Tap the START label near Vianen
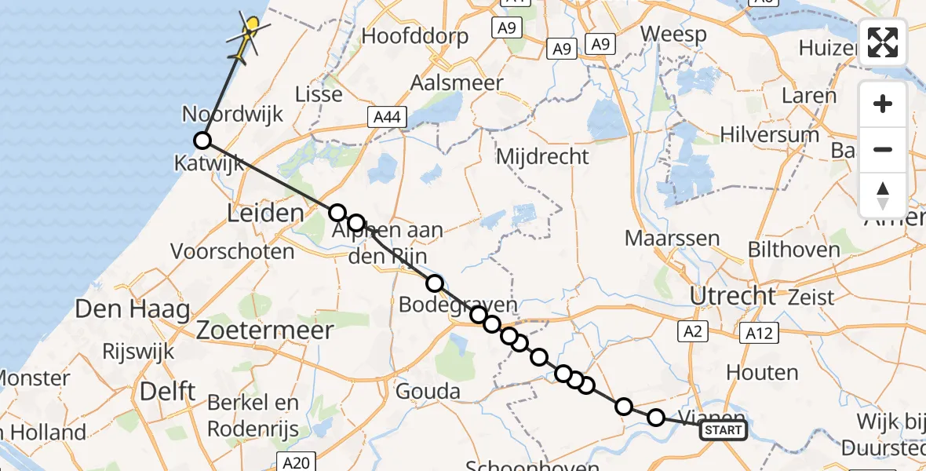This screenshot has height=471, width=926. click(723, 430)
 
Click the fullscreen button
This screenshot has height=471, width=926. click(883, 42)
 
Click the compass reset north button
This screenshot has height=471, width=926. click(883, 195)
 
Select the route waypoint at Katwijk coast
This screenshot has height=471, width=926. click(202, 141)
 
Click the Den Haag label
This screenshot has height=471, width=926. click(133, 309)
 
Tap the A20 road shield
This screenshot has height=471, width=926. click(296, 463)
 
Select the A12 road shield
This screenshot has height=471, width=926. click(759, 333)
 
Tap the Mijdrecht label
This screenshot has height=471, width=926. click(542, 155)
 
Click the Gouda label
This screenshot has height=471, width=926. click(429, 390)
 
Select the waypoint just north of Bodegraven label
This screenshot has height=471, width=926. click(435, 283)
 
